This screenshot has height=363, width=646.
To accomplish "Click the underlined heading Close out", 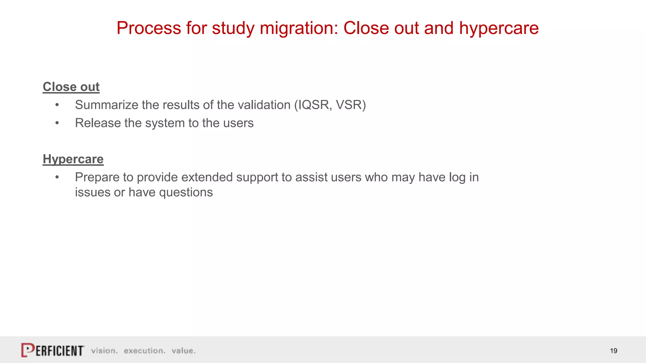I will point(71,87).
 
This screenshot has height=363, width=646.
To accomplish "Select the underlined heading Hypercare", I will point(73,159).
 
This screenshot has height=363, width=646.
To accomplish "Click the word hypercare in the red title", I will point(499,28).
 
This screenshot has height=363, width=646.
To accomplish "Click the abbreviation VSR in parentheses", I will point(349,105).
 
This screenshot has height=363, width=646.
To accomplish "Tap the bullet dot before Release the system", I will point(57,123).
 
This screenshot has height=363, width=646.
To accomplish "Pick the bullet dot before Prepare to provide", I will point(57,177).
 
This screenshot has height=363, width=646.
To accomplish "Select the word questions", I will point(186,193).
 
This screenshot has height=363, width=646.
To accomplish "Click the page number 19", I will point(613,351).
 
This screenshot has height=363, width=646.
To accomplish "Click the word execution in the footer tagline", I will point(144,351).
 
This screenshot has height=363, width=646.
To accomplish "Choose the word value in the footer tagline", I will point(183,351).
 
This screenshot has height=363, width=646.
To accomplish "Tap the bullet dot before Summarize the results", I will point(57,105).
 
